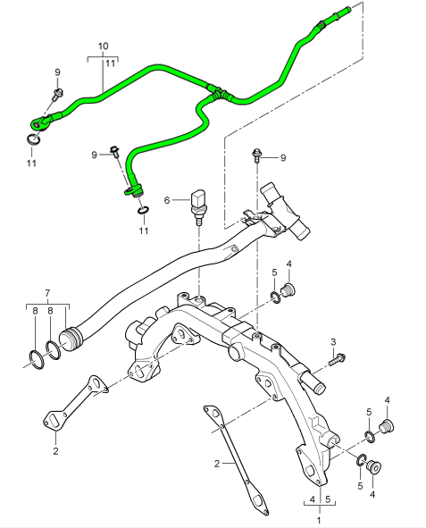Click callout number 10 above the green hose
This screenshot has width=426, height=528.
103,45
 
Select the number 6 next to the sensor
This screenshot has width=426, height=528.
166,200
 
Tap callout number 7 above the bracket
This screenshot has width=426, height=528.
47,293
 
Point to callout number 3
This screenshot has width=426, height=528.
333,341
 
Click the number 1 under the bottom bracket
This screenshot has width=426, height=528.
320,518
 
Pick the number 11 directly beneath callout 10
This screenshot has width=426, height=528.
111,63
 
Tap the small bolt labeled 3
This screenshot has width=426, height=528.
339,359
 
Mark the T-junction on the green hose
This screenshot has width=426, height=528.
214,89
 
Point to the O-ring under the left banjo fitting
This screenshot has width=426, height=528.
32,137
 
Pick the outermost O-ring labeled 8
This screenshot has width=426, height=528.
34,360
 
